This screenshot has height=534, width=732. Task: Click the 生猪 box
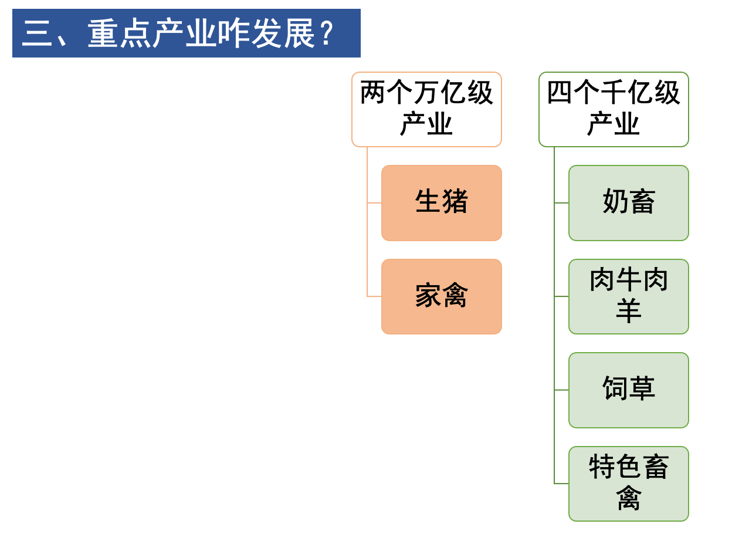[x=441, y=202]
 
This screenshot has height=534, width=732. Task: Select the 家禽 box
[x=441, y=296]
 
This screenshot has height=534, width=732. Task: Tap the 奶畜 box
[x=628, y=202]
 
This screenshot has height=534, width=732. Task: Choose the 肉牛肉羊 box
[x=628, y=296]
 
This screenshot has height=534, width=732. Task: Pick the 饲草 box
[x=628, y=390]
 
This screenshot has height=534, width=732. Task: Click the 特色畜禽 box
[x=628, y=484]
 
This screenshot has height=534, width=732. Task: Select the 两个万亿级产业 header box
[x=426, y=109]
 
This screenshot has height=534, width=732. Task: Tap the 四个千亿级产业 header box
[x=614, y=109]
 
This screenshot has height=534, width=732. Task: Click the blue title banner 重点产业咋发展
[x=186, y=33]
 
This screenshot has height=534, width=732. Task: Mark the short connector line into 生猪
[x=374, y=203]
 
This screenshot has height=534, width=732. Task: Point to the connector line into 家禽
[x=374, y=297]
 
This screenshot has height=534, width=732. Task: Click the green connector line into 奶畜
[x=561, y=203]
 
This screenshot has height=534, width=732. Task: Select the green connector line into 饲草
[x=561, y=390]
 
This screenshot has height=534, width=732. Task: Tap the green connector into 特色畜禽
[x=561, y=484]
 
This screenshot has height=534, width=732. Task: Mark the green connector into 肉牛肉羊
[x=561, y=297]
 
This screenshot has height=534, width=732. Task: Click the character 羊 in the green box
[x=628, y=311]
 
